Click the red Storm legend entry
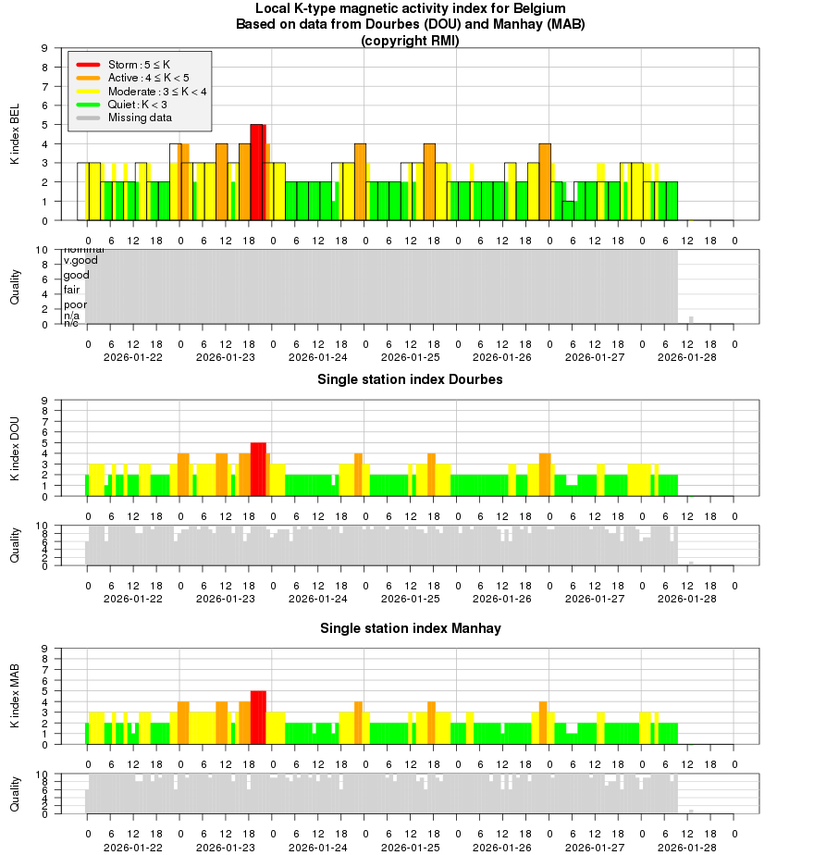coord(139,65)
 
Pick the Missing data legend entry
coord(139,118)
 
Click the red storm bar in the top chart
coord(258,172)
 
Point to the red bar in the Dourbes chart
coord(258,469)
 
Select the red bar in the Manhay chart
coord(258,717)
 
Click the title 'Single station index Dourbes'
coord(410,379)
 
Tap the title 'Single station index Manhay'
coord(410,628)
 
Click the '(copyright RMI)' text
coord(410,41)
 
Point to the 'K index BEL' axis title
coord(15,135)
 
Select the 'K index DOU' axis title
coord(15,448)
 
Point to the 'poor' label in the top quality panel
coord(75,304)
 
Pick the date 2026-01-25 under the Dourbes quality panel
coord(410,599)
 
